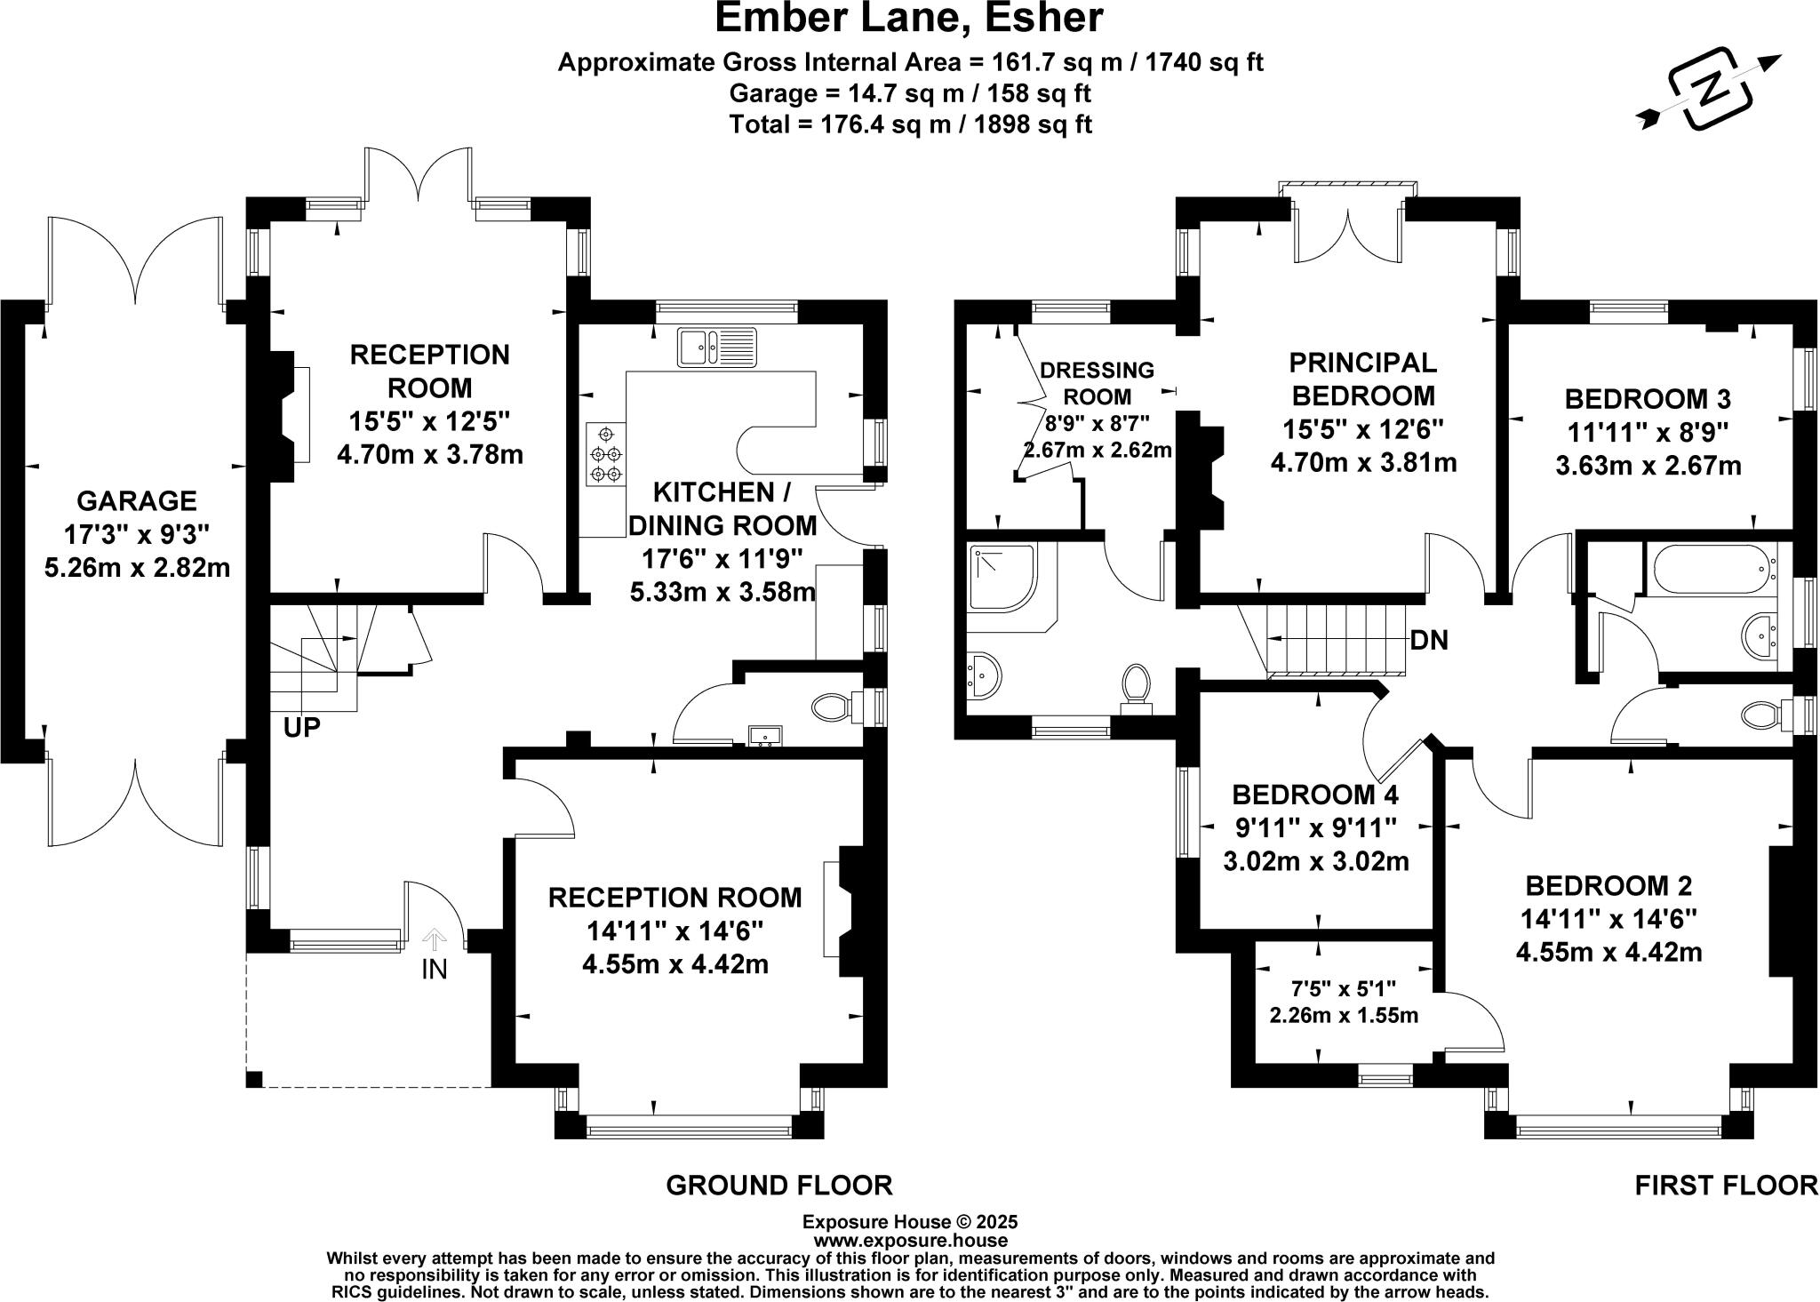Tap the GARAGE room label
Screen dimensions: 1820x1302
point(137,501)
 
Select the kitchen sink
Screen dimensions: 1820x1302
point(716,347)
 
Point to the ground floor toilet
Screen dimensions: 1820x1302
point(837,708)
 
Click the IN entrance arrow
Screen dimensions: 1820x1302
point(435,938)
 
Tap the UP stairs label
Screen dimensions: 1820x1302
point(302,727)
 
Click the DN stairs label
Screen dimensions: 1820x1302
point(1429,640)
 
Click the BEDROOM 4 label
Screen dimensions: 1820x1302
point(1315,794)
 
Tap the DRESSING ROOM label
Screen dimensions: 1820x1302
point(1097,383)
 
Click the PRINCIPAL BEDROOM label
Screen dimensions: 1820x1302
point(1362,379)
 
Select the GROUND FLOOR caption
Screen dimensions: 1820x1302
point(778,1186)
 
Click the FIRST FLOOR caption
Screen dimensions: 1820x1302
point(1727,1186)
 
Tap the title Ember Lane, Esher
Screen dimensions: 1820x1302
point(909,18)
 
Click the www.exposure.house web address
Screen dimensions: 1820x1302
point(910,1241)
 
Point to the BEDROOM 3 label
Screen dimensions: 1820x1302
point(1648,397)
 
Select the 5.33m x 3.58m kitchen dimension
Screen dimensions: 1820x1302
point(722,591)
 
